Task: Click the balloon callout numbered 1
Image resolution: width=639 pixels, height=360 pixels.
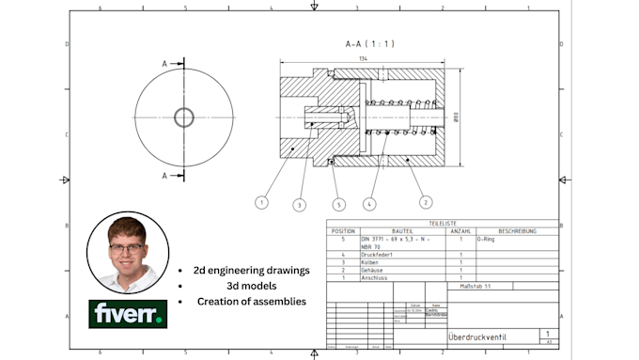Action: point(261,201)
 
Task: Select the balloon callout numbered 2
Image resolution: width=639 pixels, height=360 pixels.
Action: point(425,201)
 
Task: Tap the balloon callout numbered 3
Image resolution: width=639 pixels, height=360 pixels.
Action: point(299,204)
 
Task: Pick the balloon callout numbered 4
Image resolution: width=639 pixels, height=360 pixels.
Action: point(370,202)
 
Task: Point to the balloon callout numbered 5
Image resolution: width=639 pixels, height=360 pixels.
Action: point(338,203)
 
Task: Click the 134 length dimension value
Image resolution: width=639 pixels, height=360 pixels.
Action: point(363,58)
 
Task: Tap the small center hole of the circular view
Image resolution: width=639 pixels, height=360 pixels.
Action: point(183,117)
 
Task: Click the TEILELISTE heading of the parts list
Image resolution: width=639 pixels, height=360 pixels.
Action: point(440,224)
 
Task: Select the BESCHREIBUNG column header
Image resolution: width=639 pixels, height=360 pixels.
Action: point(516,230)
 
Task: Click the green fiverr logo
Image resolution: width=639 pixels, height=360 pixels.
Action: point(128,314)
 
